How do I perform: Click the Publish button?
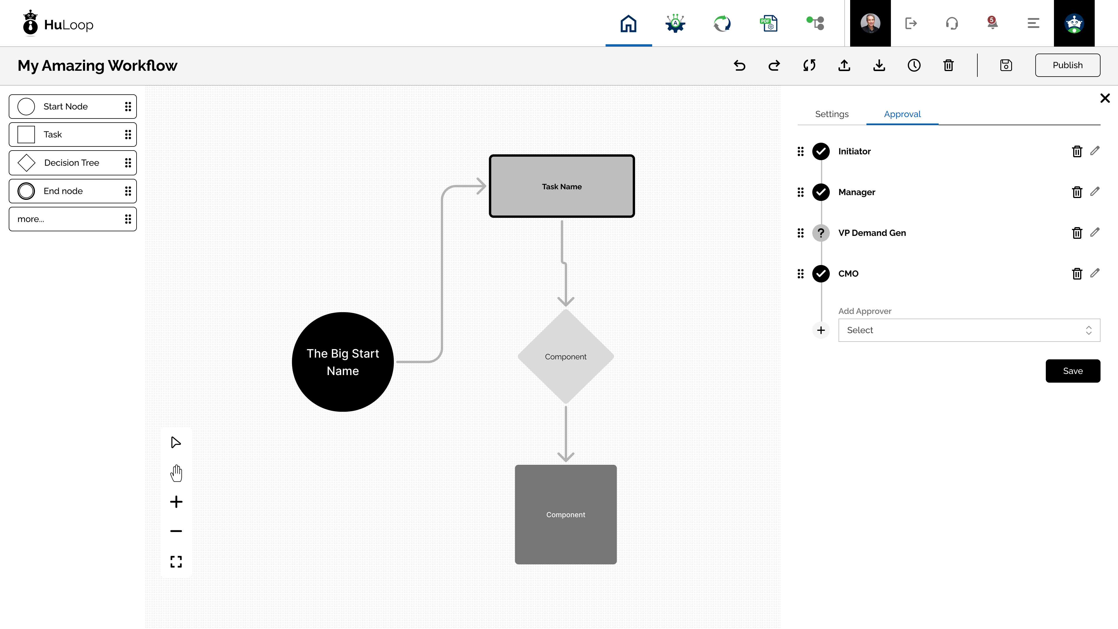pos(1067,65)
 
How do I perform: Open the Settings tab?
pos(832,114)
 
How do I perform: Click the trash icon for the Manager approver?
pos(1077,192)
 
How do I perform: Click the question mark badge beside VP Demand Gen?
pos(821,233)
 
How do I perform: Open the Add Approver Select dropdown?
pos(969,330)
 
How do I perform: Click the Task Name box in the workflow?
pos(562,186)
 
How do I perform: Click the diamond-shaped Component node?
pos(565,356)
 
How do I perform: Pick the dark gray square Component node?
pos(565,514)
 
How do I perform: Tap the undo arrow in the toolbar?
pos(740,65)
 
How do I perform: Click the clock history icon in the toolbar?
pos(914,65)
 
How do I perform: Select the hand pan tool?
pos(176,473)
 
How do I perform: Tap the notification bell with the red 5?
pos(992,23)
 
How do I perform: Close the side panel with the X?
pos(1105,98)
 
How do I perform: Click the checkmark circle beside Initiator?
pos(821,151)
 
